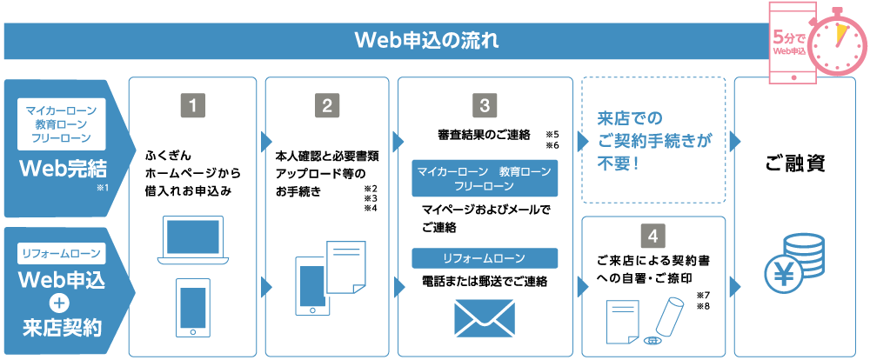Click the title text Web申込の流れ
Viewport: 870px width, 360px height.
tap(427, 41)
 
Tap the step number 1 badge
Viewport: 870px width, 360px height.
tap(193, 106)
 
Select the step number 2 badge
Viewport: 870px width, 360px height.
tap(327, 106)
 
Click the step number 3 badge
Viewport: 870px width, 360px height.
tap(484, 106)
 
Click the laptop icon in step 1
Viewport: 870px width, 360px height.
tap(192, 240)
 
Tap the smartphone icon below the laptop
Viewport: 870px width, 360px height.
tap(192, 307)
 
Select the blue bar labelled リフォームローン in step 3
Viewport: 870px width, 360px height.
tap(484, 258)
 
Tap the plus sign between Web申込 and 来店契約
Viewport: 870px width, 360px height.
tap(60, 303)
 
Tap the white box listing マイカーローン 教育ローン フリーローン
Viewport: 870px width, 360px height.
tap(62, 123)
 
